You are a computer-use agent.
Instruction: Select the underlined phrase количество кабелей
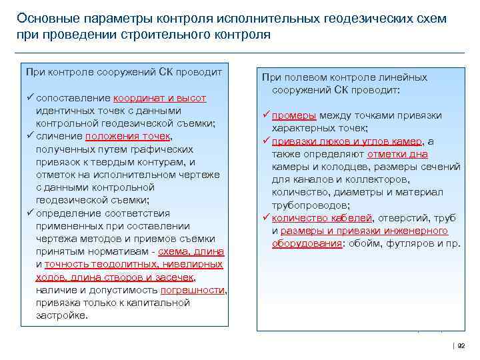pos(321,217)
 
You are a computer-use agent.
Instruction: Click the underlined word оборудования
pos(307,243)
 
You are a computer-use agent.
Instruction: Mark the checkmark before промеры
pos(265,115)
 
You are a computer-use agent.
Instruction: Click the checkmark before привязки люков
pos(265,141)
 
